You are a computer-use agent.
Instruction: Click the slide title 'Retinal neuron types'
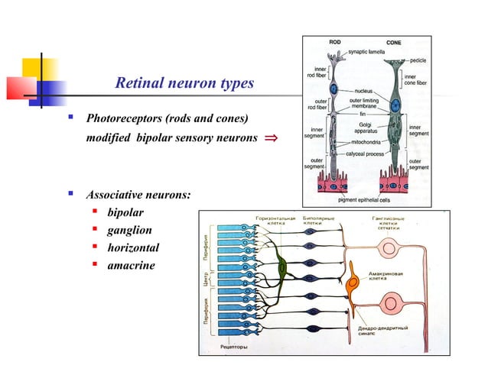coord(183,83)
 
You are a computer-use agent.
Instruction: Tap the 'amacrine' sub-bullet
coord(131,265)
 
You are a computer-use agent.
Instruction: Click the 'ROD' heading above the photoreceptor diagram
coord(335,42)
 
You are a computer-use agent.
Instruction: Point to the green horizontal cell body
coord(281,266)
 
